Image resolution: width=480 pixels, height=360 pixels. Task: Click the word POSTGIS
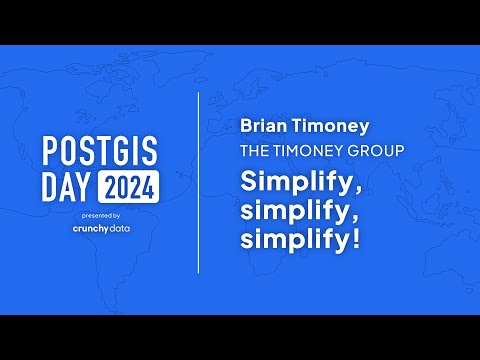[x=101, y=151]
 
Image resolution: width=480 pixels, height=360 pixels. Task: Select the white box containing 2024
[x=128, y=186]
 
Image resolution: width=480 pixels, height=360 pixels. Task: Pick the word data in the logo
[x=117, y=228]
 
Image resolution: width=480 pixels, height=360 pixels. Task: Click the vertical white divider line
[x=198, y=180]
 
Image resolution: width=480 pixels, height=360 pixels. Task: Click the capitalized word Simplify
[x=286, y=181]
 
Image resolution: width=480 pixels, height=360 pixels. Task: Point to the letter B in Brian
[x=245, y=128]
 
